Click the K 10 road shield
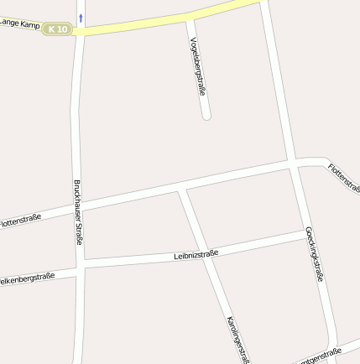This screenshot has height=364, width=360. click(58, 29)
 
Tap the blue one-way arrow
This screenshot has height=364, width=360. click(81, 17)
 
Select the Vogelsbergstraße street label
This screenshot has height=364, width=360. click(198, 65)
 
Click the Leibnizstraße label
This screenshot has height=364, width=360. click(196, 253)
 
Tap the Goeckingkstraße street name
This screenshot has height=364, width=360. click(315, 252)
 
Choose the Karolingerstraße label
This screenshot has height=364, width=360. click(237, 340)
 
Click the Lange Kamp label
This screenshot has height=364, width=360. click(20, 23)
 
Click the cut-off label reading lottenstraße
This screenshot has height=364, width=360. click(21, 221)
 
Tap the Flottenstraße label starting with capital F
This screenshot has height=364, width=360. click(344, 177)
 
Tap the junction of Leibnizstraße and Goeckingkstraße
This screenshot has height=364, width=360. click(306, 234)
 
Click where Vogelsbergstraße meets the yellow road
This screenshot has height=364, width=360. click(188, 18)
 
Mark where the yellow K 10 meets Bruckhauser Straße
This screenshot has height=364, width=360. click(80, 31)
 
